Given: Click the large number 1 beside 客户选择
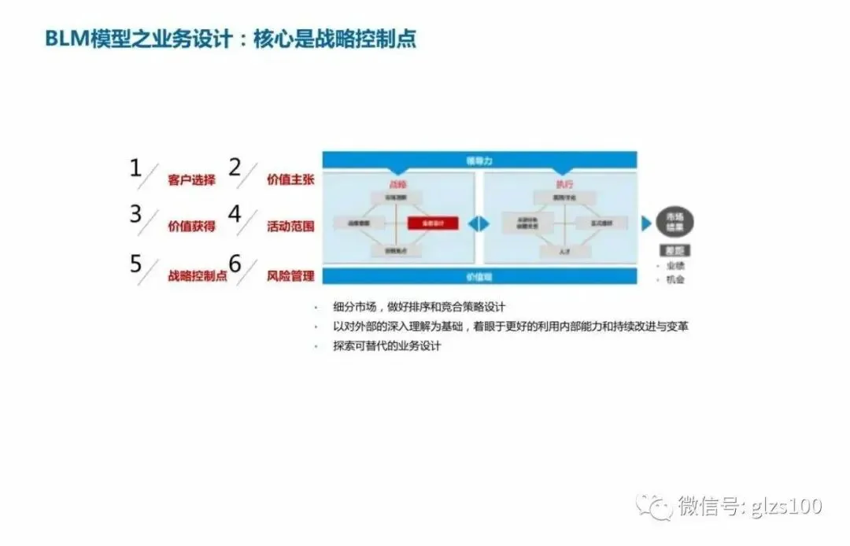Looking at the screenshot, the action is [135, 168].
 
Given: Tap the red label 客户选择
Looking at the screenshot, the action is [191, 180].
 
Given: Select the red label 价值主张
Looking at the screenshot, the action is [290, 180].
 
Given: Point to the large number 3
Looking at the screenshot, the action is [135, 215].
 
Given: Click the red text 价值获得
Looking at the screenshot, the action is [191, 227].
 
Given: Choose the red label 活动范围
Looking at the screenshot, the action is [290, 227].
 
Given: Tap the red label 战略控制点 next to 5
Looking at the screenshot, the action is [197, 276].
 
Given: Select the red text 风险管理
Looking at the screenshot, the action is [290, 276].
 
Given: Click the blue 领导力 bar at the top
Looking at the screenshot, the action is [479, 160].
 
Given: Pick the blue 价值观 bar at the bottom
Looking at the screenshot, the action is [479, 276].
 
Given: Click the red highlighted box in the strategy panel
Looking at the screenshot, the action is [433, 223].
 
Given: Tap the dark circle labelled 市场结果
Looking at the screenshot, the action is [675, 223].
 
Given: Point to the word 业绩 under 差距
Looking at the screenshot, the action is [675, 266].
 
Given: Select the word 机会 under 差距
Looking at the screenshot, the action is [675, 279].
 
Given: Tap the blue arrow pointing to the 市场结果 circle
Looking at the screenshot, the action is [646, 223].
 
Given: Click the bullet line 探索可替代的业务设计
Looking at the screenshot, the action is [386, 346].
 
